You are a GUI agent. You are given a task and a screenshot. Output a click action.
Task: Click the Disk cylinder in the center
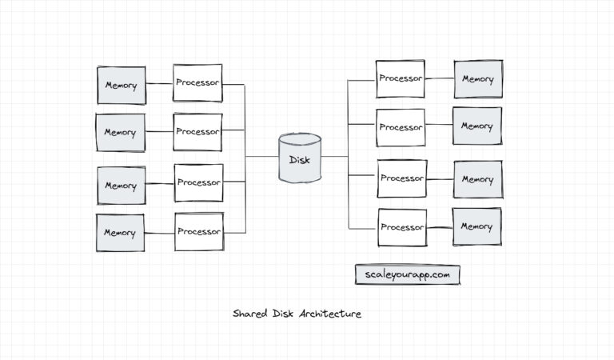pos(300,158)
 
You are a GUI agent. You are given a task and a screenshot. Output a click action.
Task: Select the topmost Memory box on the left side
pos(121,86)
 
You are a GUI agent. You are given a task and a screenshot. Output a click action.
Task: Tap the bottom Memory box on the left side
pos(120,233)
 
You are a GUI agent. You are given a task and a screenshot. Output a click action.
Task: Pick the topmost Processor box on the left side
pos(197,83)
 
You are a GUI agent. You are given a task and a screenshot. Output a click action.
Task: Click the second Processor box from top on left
pos(197,132)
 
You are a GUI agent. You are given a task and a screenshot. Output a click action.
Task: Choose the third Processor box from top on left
pos(198,183)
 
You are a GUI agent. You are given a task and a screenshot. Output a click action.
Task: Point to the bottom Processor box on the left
pos(198,232)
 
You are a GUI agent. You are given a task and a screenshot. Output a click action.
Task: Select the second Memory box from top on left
pos(120,133)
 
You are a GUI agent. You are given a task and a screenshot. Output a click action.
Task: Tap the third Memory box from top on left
pos(122,186)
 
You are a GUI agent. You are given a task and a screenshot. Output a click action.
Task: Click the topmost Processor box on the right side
pos(401,79)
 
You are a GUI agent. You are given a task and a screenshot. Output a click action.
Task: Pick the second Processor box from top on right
pos(401,127)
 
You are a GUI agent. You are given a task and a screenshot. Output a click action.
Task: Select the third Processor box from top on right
pos(401,178)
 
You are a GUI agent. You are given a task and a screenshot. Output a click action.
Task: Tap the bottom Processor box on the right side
pos(401,227)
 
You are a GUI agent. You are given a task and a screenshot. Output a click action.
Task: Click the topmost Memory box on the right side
pos(477,79)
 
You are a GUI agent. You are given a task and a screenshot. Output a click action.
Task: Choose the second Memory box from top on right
pos(477,126)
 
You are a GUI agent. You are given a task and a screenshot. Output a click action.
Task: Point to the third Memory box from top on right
pos(477,179)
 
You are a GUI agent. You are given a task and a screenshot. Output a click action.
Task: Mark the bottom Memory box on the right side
pos(477,227)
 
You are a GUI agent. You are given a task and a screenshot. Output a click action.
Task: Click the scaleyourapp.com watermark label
pos(408,274)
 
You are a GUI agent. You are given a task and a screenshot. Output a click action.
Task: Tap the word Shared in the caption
pos(249,314)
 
